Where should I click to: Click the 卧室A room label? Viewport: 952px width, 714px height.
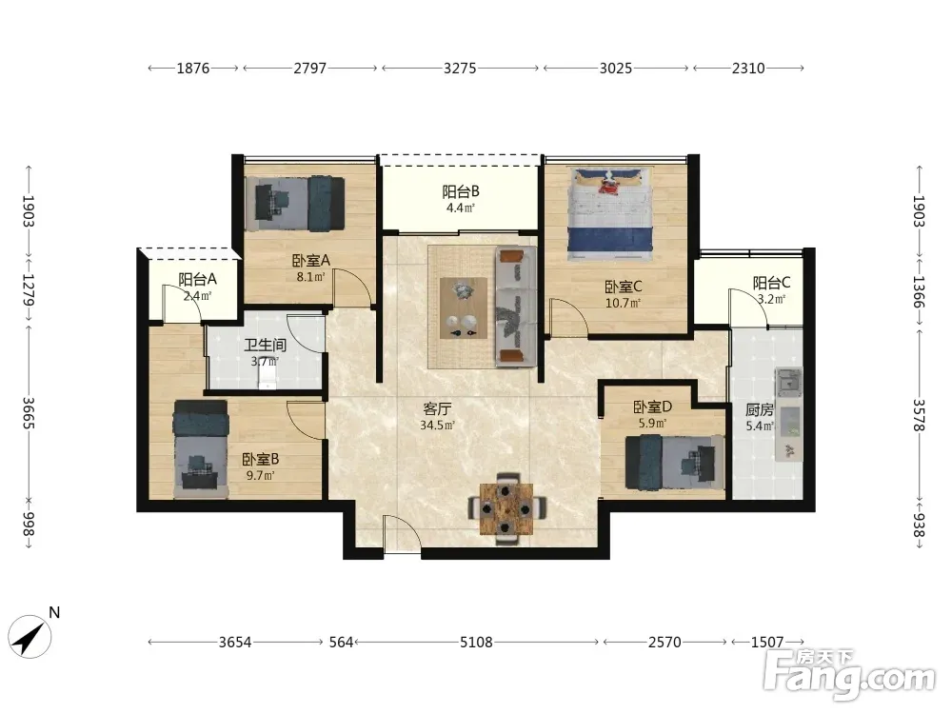click(x=311, y=261)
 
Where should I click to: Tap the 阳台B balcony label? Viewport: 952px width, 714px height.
click(x=461, y=192)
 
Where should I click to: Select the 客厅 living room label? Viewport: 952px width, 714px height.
click(x=437, y=408)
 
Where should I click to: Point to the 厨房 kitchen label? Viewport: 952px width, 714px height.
click(x=759, y=409)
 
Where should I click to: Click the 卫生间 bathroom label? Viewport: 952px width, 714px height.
click(x=265, y=346)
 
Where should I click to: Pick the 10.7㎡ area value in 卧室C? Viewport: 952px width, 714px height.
click(x=623, y=303)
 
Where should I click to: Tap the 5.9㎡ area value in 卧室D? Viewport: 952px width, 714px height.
click(x=652, y=423)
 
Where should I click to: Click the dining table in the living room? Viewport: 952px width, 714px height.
click(x=506, y=509)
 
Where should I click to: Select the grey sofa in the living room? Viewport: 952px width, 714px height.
click(x=516, y=307)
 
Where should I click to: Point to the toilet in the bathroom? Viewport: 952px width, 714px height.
click(x=268, y=378)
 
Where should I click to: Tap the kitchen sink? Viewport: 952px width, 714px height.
click(x=788, y=382)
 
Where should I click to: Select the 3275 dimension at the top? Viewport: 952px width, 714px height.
click(x=460, y=68)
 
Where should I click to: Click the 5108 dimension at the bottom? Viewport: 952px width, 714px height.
click(x=476, y=642)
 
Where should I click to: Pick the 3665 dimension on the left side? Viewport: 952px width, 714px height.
click(x=29, y=413)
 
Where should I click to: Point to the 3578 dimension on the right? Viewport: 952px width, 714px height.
click(x=920, y=415)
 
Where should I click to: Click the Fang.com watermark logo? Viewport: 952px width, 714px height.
click(x=849, y=674)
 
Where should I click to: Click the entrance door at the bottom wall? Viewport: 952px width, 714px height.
click(x=402, y=534)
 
